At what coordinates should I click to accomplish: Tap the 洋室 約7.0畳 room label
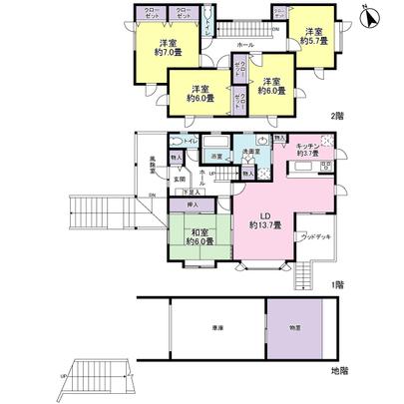(x=169, y=48)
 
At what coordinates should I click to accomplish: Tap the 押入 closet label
(x=199, y=205)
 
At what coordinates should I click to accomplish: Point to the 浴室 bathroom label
(x=213, y=157)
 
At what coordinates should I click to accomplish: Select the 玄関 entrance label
(x=180, y=178)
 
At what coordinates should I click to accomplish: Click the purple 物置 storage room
(x=297, y=327)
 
